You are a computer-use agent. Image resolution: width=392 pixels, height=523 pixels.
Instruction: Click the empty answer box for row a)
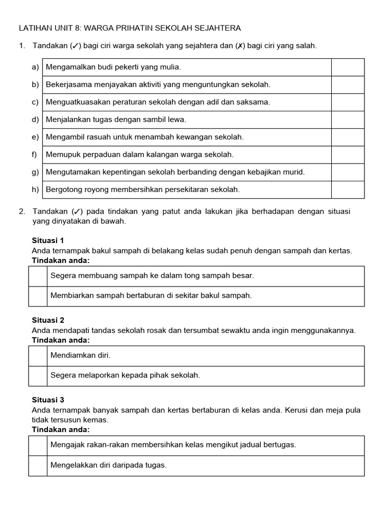(x=348, y=67)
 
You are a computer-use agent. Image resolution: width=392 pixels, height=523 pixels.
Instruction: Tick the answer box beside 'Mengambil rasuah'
(x=348, y=137)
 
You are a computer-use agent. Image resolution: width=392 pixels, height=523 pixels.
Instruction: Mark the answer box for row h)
(x=348, y=189)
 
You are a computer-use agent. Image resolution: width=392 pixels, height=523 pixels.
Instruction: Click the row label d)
(x=35, y=120)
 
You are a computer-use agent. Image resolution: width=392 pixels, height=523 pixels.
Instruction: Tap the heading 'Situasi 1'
(x=48, y=241)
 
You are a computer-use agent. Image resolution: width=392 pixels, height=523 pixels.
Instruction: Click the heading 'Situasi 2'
(x=48, y=320)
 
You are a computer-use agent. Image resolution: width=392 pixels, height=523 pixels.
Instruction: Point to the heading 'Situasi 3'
(x=48, y=400)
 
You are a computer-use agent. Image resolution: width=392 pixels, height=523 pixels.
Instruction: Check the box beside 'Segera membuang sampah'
(x=38, y=276)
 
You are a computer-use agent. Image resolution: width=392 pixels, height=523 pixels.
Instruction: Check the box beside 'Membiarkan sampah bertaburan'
(x=38, y=296)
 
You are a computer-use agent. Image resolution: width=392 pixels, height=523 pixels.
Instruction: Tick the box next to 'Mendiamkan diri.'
(x=38, y=355)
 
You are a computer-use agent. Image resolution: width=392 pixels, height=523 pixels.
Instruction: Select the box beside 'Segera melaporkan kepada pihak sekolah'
(x=38, y=375)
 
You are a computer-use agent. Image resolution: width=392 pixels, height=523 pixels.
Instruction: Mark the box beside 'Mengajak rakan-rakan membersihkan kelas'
(x=38, y=445)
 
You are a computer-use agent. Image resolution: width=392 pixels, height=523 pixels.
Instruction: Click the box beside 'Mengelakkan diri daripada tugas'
(x=38, y=465)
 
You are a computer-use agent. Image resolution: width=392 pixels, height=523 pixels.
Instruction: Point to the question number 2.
(x=21, y=211)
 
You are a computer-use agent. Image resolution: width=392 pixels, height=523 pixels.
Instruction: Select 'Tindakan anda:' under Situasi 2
(x=60, y=340)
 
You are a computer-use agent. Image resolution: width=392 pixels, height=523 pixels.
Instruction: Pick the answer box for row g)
(x=348, y=172)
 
